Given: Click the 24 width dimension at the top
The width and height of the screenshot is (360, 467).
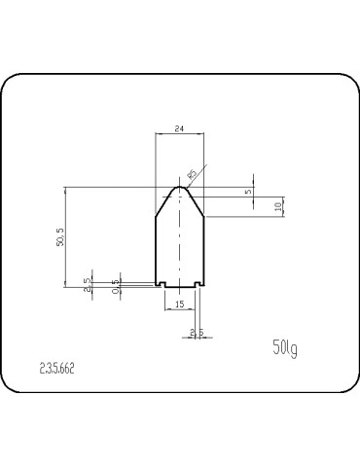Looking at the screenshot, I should pyautogui.click(x=179, y=127).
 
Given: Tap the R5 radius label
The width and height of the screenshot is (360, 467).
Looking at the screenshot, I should pyautogui.click(x=192, y=174).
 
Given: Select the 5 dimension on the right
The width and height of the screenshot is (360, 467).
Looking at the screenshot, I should pyautogui.click(x=249, y=192).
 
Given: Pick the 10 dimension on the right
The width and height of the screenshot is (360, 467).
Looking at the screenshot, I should pyautogui.click(x=278, y=206).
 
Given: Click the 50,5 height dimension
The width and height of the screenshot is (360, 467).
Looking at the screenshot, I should pyautogui.click(x=61, y=236).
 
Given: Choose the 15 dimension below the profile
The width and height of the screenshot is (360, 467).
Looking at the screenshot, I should pyautogui.click(x=179, y=305).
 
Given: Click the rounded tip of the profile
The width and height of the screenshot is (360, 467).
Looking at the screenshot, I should pyautogui.click(x=179, y=188).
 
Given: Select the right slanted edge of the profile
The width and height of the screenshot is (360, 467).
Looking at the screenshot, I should pyautogui.click(x=196, y=202).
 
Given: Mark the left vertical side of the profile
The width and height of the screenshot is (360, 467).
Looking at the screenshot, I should pyautogui.click(x=156, y=248).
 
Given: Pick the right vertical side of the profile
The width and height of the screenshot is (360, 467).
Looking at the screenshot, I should pyautogui.click(x=202, y=248).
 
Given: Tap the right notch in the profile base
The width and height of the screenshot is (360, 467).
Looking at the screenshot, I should pyautogui.click(x=196, y=284).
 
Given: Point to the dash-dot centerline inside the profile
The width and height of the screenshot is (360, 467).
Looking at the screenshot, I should pyautogui.click(x=179, y=243).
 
